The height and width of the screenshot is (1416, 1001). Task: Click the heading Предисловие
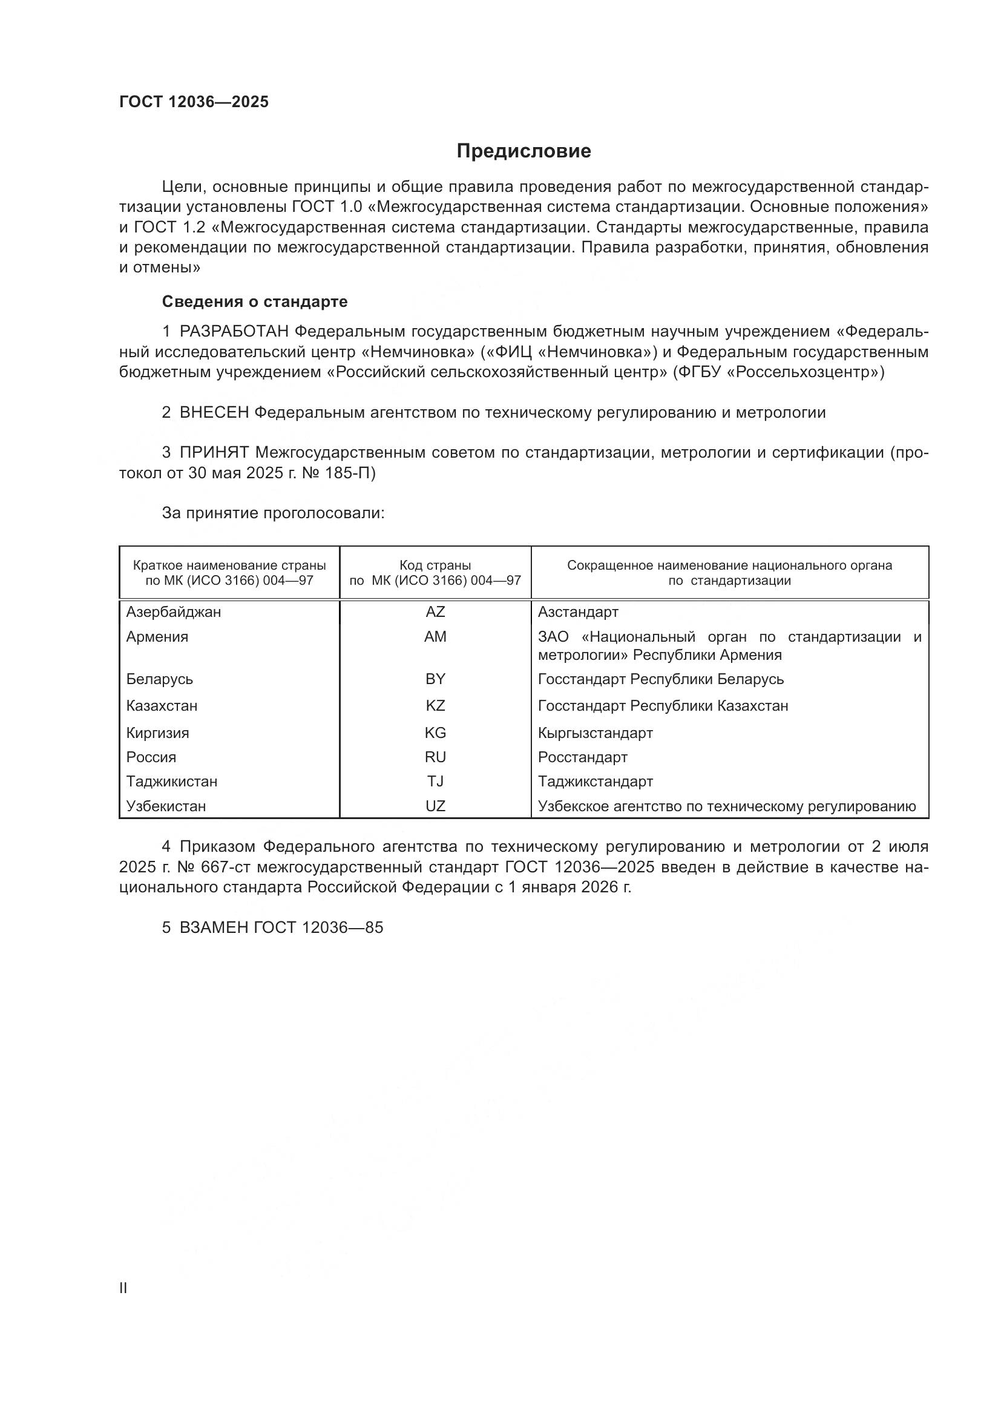pyautogui.click(x=523, y=151)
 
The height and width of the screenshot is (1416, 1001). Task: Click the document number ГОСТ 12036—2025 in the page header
pyautogui.click(x=194, y=102)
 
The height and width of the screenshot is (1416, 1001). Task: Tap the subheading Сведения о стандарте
pyautogui.click(x=255, y=301)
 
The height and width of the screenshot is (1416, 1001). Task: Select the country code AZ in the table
pyautogui.click(x=435, y=612)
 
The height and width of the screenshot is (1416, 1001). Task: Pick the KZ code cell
pyautogui.click(x=435, y=705)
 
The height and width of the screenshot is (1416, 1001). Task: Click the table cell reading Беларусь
pyautogui.click(x=160, y=679)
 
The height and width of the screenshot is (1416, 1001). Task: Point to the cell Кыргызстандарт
pyautogui.click(x=595, y=733)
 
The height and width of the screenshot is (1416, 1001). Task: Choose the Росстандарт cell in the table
pyautogui.click(x=582, y=757)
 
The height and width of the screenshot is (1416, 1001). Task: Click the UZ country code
pyautogui.click(x=435, y=806)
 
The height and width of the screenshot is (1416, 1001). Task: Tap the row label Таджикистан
pyautogui.click(x=172, y=782)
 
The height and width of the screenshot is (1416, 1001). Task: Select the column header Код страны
pyautogui.click(x=435, y=565)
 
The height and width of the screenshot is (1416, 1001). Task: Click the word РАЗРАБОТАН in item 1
pyautogui.click(x=234, y=332)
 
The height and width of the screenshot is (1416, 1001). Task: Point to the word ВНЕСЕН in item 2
pyautogui.click(x=214, y=413)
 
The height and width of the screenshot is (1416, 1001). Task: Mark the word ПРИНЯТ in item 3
pyautogui.click(x=214, y=453)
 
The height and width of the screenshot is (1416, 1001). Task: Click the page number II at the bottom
pyautogui.click(x=123, y=1288)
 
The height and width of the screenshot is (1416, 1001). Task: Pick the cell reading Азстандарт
pyautogui.click(x=577, y=612)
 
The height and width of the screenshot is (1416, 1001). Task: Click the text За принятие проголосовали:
pyautogui.click(x=273, y=513)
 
